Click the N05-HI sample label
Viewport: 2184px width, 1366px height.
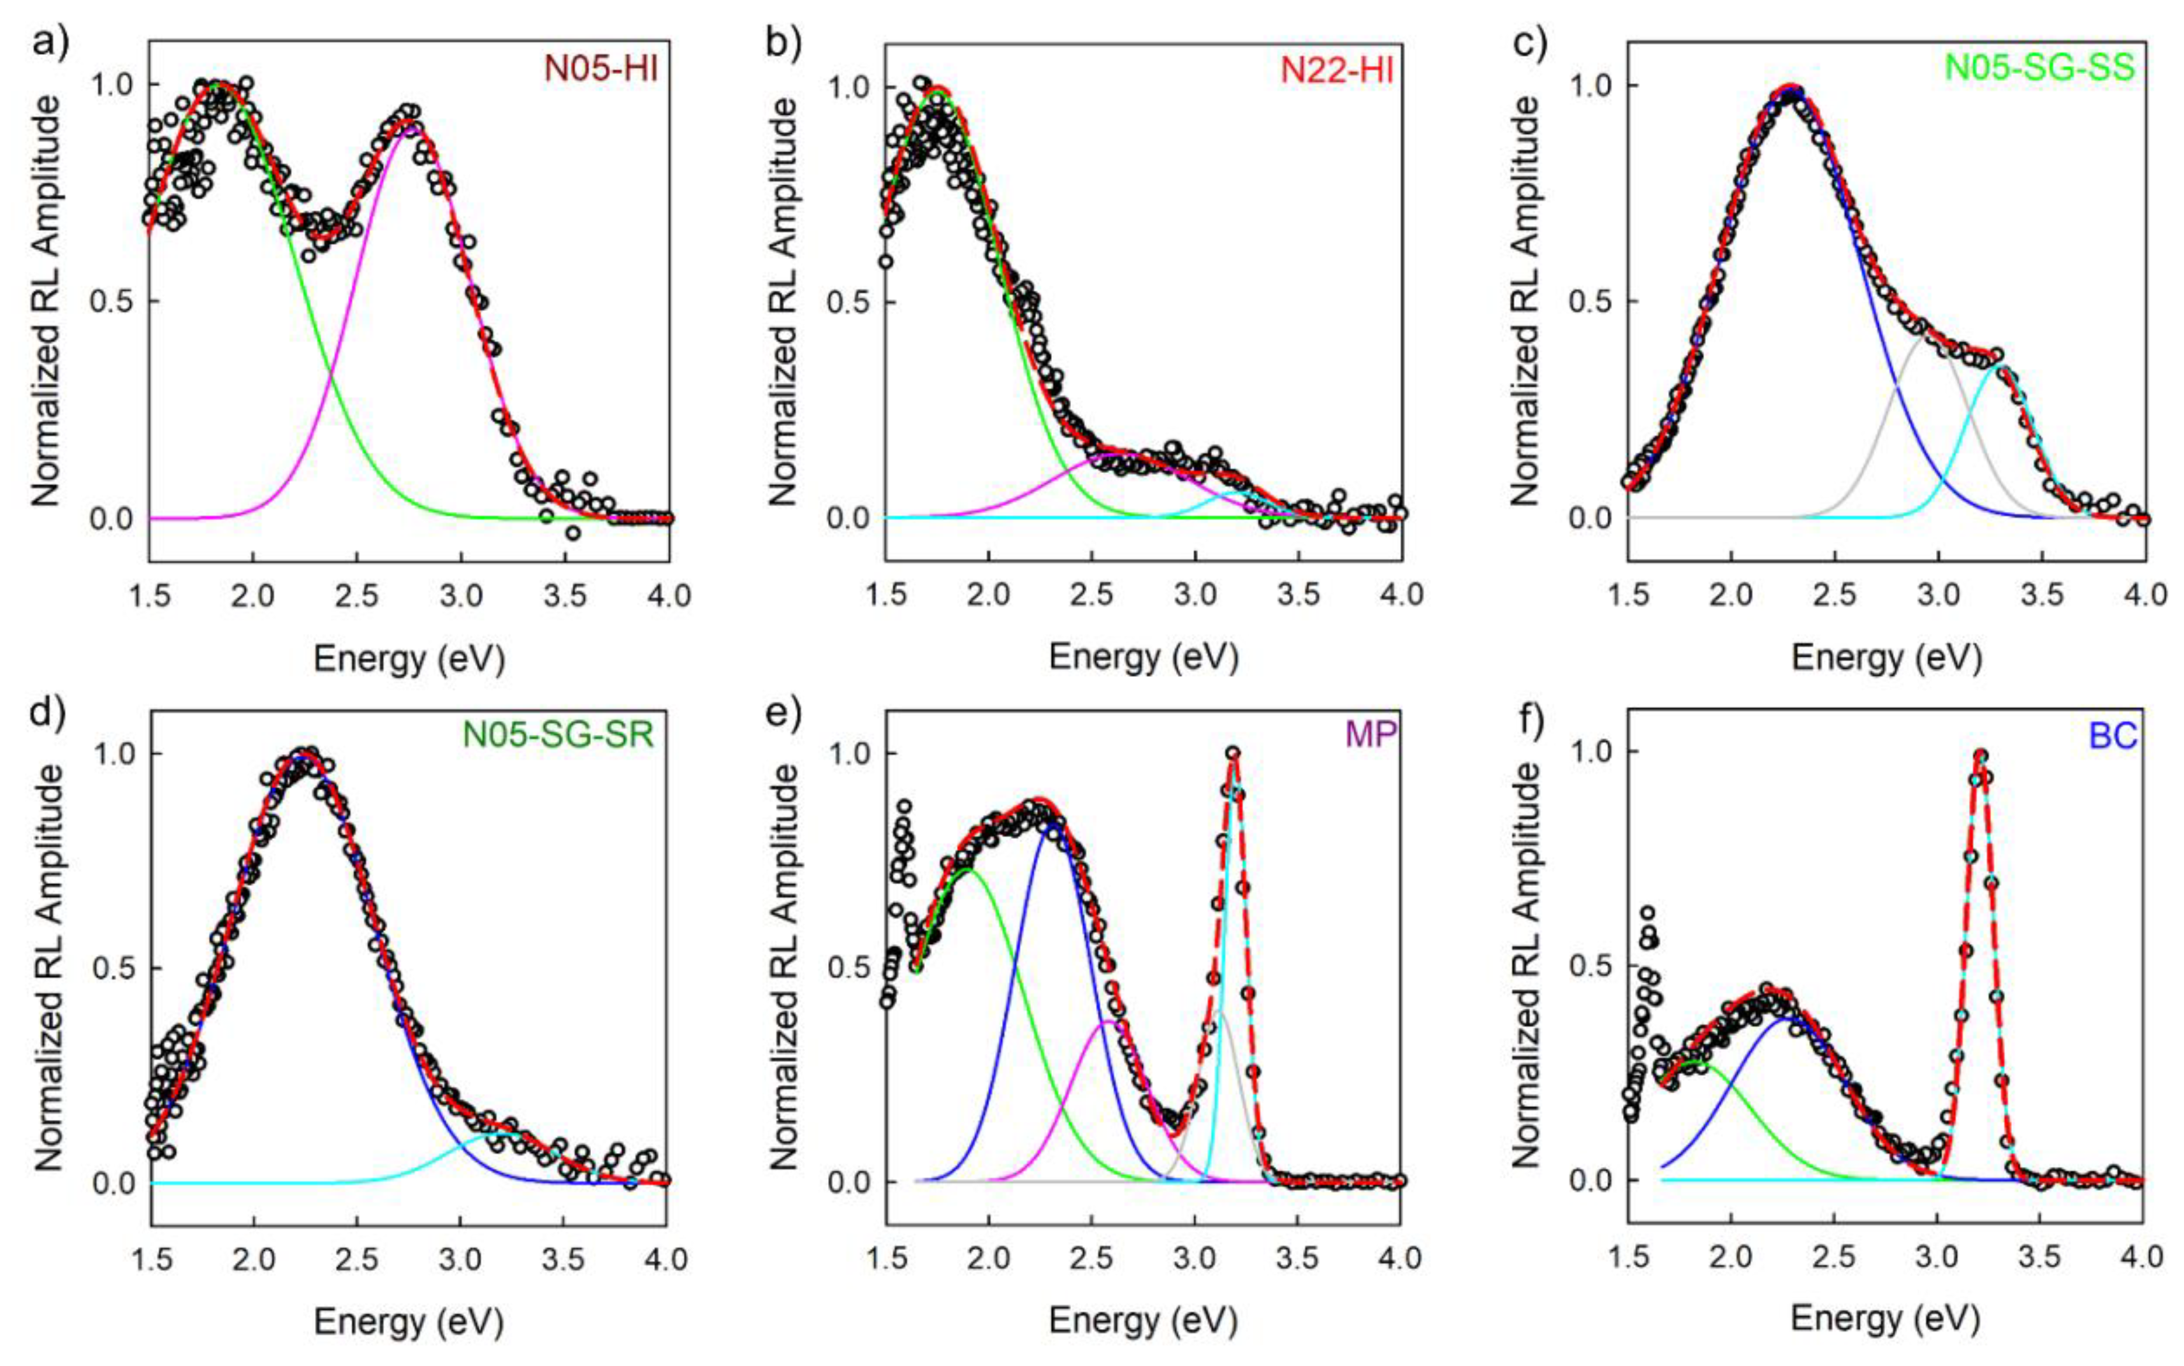pos(600,69)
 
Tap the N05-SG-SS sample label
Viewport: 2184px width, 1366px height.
pos(2039,69)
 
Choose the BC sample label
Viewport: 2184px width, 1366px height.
pos(2113,736)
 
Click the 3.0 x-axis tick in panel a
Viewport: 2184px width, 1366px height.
pos(461,596)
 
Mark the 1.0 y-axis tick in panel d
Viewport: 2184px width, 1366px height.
pos(114,753)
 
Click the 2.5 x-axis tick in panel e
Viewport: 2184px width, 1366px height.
pos(1092,1258)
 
